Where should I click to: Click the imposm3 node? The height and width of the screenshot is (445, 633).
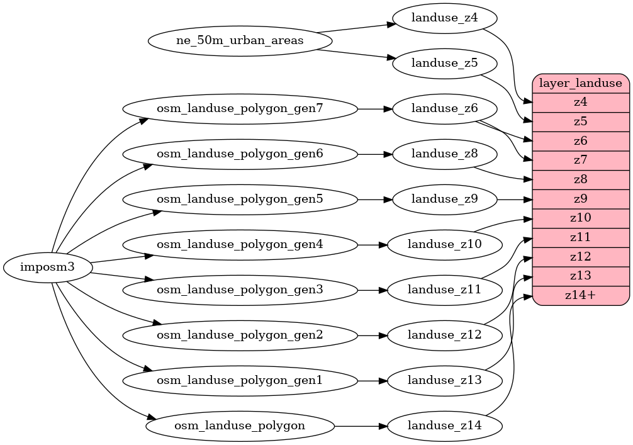(48, 268)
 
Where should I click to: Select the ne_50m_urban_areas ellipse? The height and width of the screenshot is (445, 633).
(240, 41)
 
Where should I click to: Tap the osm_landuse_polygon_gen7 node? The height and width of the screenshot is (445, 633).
(240, 109)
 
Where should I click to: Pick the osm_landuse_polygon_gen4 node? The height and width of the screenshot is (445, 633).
(240, 244)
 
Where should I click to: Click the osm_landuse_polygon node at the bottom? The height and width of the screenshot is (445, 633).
(240, 426)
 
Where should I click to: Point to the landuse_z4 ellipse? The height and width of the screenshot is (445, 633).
(444, 18)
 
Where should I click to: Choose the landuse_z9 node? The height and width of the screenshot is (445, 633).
(444, 200)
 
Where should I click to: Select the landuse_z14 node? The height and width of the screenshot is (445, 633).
(444, 426)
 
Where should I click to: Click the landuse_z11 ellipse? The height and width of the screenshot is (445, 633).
(444, 290)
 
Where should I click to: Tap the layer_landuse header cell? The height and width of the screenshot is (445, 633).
(581, 83)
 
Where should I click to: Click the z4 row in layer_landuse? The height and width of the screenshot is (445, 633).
(581, 102)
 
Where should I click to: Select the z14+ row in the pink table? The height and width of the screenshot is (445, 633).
(581, 295)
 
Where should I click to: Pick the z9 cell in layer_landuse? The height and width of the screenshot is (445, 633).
(581, 199)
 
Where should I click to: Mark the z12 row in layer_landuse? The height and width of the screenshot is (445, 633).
(581, 257)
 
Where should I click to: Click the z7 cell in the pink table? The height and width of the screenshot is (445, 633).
(581, 160)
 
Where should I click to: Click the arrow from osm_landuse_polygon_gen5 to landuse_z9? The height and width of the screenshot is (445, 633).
(374, 200)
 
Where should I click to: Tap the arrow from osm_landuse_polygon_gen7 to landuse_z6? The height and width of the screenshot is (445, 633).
(374, 109)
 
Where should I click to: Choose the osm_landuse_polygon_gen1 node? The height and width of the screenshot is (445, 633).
(240, 380)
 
